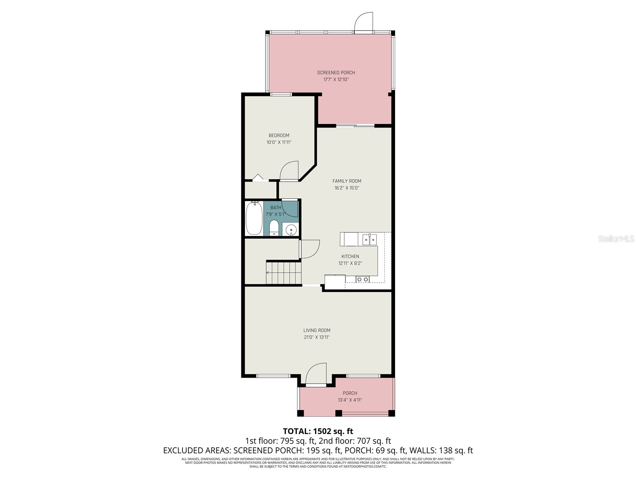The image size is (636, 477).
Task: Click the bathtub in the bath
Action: (x=254, y=218)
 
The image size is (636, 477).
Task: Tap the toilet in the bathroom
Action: (x=274, y=228)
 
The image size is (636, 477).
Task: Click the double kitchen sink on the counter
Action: (x=369, y=240)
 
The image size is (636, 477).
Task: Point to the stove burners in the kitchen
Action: (x=363, y=279)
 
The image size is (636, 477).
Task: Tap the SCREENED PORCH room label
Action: (x=336, y=73)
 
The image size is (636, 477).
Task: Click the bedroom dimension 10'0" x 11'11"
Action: (x=279, y=142)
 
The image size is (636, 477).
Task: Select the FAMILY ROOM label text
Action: (x=347, y=181)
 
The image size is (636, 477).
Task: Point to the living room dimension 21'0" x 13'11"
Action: (x=317, y=337)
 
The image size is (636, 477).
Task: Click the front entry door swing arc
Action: (x=316, y=374)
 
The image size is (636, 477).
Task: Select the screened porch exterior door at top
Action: (x=364, y=22)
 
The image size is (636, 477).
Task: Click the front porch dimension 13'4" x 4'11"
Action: (x=350, y=400)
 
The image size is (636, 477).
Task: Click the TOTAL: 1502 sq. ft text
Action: (x=318, y=431)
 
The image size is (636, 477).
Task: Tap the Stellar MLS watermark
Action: (x=616, y=238)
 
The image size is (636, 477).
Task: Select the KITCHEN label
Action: (x=350, y=256)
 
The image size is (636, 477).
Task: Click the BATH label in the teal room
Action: (x=275, y=207)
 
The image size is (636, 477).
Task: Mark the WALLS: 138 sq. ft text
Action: (x=441, y=451)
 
